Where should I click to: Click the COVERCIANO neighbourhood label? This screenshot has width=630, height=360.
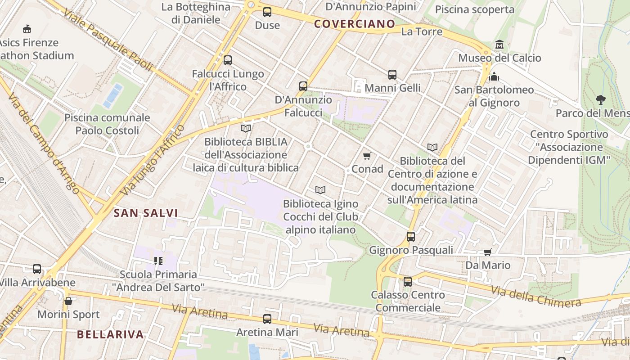pos(355,24)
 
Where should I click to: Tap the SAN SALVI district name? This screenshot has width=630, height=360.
pos(146,213)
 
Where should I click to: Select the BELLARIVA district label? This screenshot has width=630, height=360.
pos(110,334)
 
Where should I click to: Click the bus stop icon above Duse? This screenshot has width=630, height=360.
pos(267,12)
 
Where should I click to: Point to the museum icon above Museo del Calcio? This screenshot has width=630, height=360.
pos(499,45)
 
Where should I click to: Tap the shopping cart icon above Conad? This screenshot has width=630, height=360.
pos(367,156)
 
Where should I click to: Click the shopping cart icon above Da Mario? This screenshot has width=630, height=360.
pos(487,252)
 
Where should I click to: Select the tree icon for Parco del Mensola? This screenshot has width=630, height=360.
pos(600,99)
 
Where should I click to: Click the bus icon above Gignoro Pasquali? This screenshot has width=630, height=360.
pos(410,236)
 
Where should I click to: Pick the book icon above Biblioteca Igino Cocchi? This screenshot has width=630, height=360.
pos(320,190)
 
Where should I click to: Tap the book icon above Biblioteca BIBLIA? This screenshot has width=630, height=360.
pos(245,129)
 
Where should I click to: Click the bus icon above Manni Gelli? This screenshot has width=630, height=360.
pos(392,74)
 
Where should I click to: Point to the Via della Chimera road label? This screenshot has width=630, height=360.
pos(535,296)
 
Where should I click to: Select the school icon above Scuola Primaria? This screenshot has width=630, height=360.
pos(157,261)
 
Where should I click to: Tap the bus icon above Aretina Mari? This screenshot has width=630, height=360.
pos(267,319)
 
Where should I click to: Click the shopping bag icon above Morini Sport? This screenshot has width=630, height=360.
pos(68,301)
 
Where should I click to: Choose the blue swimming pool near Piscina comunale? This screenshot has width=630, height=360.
pos(113,95)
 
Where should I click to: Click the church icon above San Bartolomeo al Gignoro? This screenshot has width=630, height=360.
pos(494,76)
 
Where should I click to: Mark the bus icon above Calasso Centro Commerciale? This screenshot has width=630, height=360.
pos(408,281)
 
